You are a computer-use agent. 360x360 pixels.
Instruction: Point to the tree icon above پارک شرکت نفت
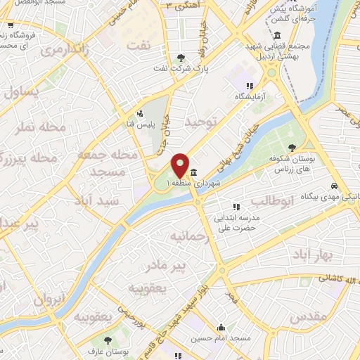[182, 58]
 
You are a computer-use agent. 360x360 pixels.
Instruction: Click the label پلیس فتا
[139, 124]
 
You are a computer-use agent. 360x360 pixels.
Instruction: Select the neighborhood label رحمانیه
[187, 237]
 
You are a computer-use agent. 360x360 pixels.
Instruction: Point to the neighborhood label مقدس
[307, 316]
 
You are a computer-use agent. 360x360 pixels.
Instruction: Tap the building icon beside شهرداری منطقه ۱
[193, 172]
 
